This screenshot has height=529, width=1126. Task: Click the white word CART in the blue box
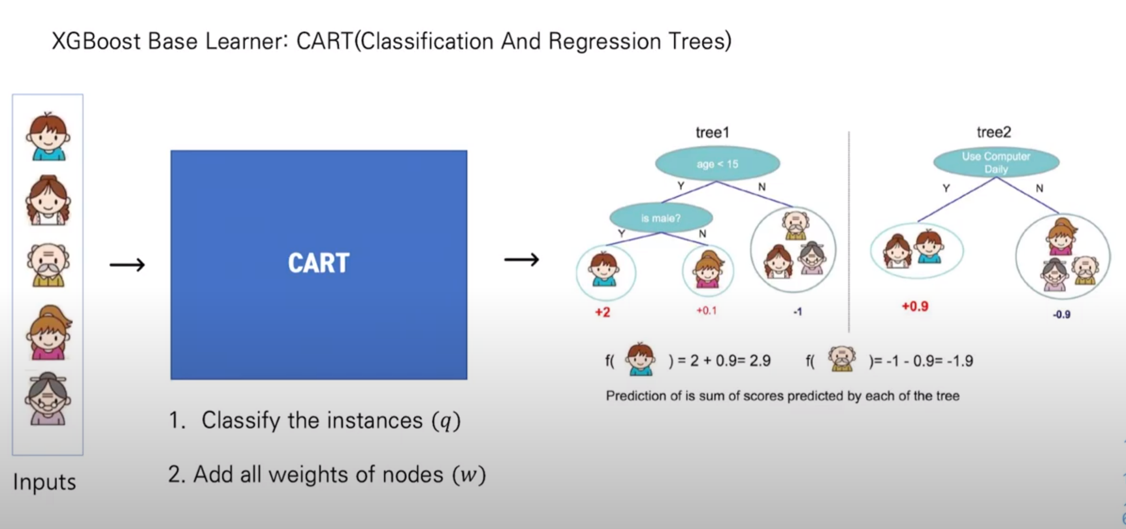click(x=319, y=263)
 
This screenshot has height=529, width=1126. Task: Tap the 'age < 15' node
click(x=717, y=164)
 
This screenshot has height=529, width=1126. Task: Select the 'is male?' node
click(x=661, y=218)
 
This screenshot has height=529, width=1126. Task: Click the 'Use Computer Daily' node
click(x=996, y=163)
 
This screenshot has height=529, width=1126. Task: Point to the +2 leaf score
click(x=602, y=312)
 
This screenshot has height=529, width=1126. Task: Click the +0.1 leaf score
click(x=706, y=311)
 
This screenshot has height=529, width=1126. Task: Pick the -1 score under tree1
click(x=798, y=312)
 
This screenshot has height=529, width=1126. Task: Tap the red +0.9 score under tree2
click(x=915, y=307)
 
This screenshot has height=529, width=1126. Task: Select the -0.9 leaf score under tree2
click(x=1062, y=315)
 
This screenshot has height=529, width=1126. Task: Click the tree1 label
click(x=712, y=133)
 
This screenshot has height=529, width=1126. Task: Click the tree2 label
click(x=993, y=132)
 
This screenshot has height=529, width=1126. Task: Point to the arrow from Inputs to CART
click(x=127, y=265)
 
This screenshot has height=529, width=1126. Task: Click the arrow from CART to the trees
click(x=522, y=260)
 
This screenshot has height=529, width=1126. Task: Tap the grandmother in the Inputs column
click(x=48, y=400)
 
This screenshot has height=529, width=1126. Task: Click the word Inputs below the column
click(x=45, y=482)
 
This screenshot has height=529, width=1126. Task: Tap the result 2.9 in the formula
click(x=760, y=361)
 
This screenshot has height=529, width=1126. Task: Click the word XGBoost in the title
click(x=96, y=41)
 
